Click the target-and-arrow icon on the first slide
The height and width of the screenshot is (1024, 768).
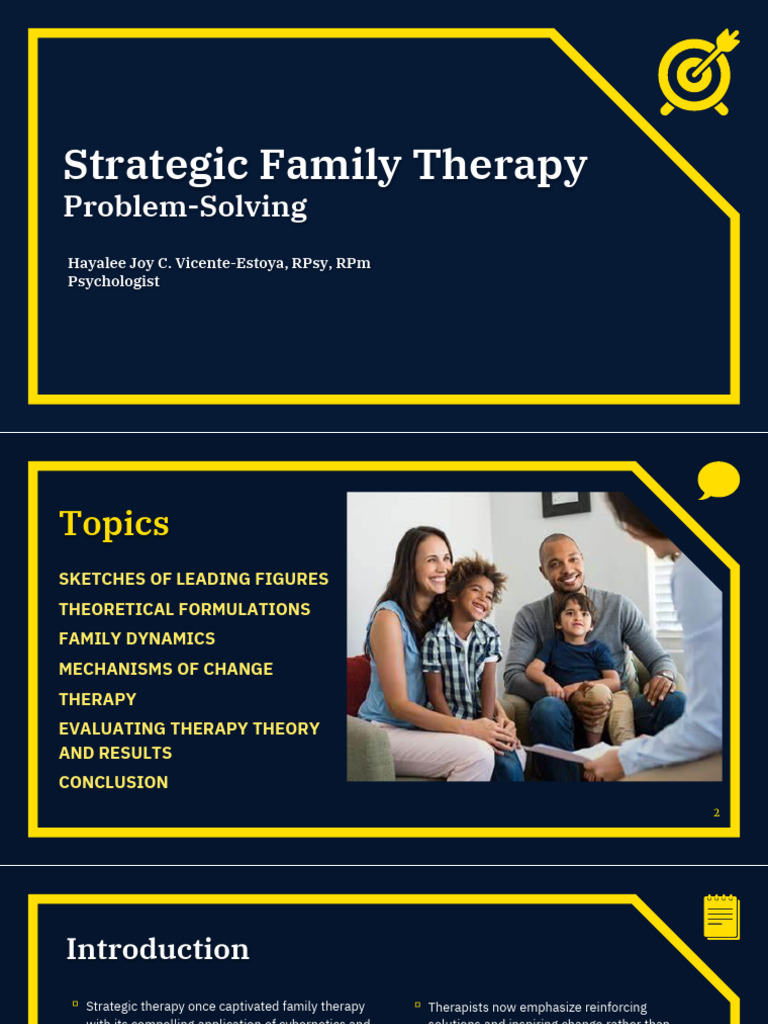[x=697, y=71]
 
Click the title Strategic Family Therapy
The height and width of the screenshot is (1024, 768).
[x=325, y=165]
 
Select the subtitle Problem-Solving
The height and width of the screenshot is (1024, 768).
[x=185, y=207]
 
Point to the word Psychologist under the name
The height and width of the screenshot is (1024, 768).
[x=113, y=282]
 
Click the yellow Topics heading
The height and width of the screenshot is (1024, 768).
[x=114, y=523]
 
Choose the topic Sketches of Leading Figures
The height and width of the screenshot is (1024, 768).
[x=193, y=579]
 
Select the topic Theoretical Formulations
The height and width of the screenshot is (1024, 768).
[x=184, y=609]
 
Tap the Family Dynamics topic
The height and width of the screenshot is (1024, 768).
[x=137, y=639]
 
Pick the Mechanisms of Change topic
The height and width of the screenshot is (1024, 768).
[x=166, y=669]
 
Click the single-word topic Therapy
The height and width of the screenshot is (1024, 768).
[x=97, y=699]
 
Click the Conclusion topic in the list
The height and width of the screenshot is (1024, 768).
[x=113, y=782]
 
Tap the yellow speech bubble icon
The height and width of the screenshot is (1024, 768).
[x=718, y=481]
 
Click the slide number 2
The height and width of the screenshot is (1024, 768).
[x=716, y=813]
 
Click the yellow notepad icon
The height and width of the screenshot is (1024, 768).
[x=721, y=916]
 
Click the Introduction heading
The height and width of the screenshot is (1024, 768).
[x=158, y=949]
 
